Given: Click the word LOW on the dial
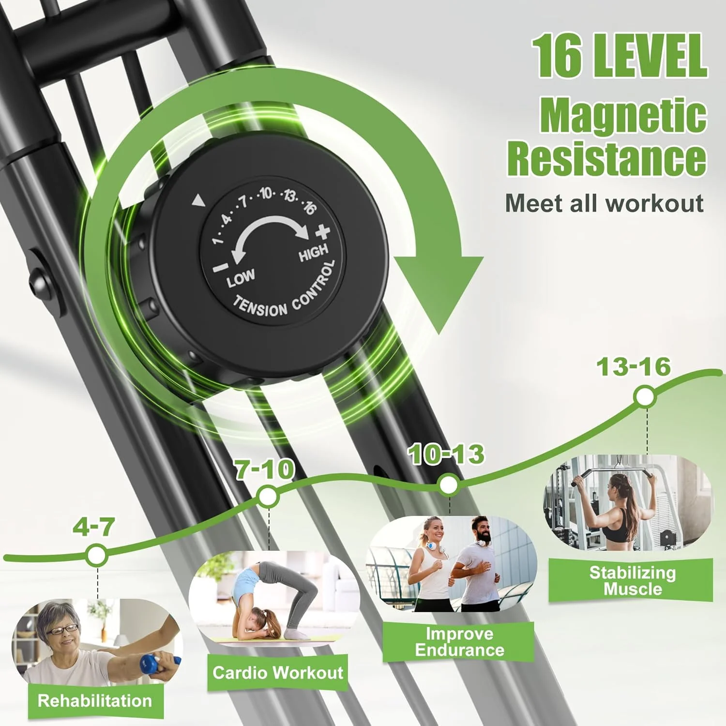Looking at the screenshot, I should click(241, 277).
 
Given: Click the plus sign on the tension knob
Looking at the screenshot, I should click(322, 233).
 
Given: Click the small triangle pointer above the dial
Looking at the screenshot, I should click(198, 200).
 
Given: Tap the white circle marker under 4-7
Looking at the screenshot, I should click(97, 555).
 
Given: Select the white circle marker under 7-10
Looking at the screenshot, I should click(268, 496).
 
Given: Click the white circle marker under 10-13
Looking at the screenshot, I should click(448, 484).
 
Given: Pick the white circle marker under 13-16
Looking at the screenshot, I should click(645, 397).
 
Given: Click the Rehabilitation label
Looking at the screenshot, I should click(95, 700).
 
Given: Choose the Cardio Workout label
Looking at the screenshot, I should click(278, 672).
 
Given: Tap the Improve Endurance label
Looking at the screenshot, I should click(459, 642).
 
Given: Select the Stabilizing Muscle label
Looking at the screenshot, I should click(632, 581).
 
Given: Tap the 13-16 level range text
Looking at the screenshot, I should click(634, 367).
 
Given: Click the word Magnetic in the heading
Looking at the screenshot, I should click(623, 115).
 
